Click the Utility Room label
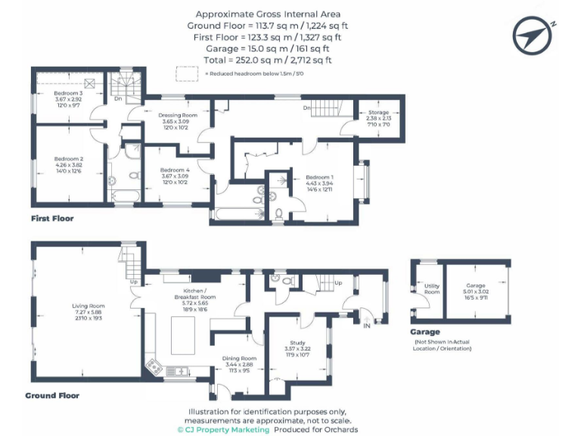pos(432,288)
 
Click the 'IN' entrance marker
pos(367,325)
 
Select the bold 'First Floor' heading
pos(52,219)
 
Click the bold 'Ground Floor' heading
pos(52,395)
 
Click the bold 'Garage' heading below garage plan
pos(426,332)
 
